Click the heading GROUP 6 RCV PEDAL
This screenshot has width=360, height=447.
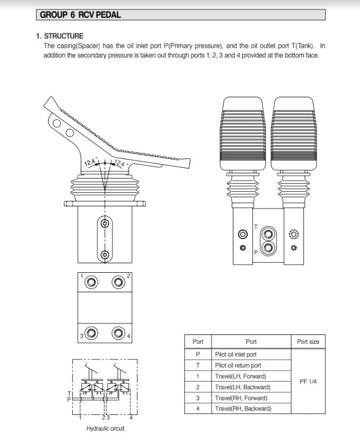(x=81, y=15)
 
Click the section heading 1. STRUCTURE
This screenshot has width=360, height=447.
(x=60, y=36)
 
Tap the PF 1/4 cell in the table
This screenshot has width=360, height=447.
(x=307, y=381)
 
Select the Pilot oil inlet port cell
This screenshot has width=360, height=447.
(x=236, y=355)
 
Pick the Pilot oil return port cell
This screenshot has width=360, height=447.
(x=238, y=365)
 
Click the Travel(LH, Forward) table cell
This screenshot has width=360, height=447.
(x=240, y=376)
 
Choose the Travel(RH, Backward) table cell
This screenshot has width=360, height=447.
(x=243, y=409)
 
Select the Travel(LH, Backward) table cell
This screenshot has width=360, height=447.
(x=242, y=387)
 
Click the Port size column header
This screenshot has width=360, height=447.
(x=308, y=342)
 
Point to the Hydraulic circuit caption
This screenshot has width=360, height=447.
(x=105, y=429)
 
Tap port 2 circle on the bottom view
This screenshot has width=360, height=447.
(x=118, y=283)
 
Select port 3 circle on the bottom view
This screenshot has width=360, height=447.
(x=92, y=333)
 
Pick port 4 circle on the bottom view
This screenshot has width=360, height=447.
(x=118, y=333)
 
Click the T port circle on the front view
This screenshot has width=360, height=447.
(x=268, y=233)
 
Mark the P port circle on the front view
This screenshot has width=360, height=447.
(x=268, y=247)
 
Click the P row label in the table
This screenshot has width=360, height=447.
(x=198, y=355)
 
